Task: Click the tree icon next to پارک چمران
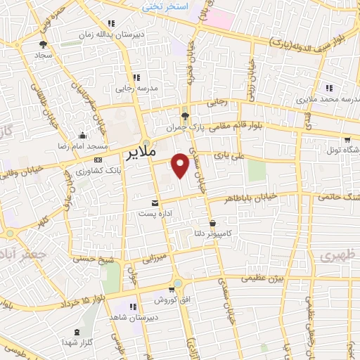pyautogui.click(x=185, y=117)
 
